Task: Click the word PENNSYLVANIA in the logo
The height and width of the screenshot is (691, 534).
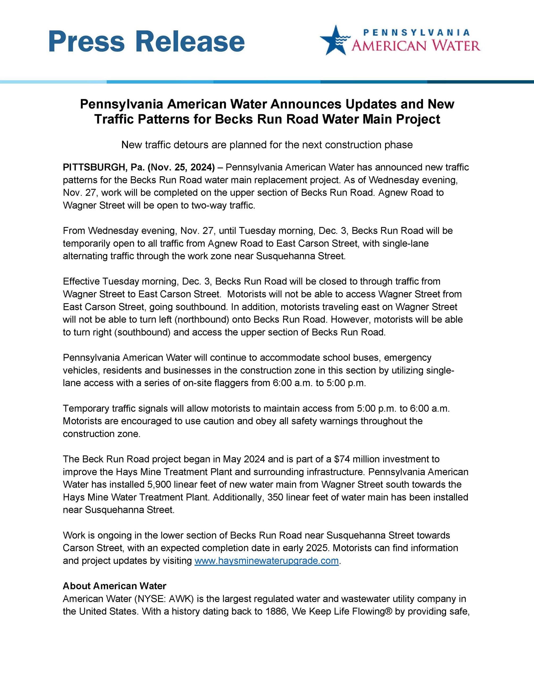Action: pos(416,32)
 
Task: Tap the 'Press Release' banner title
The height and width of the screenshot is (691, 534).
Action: pos(147,41)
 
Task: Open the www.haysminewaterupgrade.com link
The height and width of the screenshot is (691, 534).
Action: pos(266,561)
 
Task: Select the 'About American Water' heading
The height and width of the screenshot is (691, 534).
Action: pos(115,586)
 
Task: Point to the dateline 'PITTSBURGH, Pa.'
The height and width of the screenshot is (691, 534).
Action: pos(103,167)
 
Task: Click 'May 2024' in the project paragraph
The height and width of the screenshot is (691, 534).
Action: pos(243,459)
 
